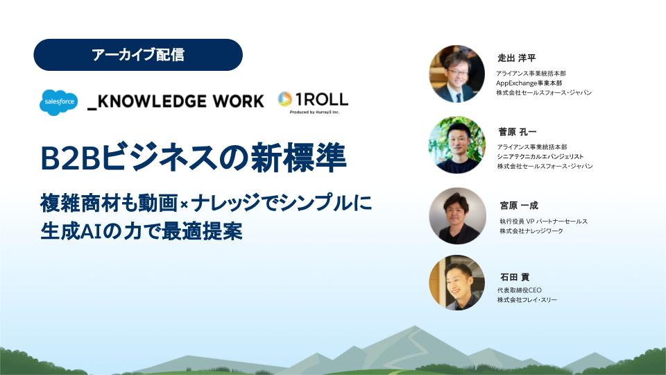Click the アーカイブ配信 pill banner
coord(138,55)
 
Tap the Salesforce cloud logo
coord(58,103)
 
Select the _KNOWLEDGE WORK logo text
coord(176,101)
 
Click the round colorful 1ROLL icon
coord(284,99)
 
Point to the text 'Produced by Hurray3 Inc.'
coord(314,112)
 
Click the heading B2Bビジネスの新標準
coord(194,158)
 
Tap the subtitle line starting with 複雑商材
coord(206,203)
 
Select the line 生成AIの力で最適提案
coord(142,231)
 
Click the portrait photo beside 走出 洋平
coord(457,74)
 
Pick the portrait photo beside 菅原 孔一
coord(457,144)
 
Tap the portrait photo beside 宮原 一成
coord(457,215)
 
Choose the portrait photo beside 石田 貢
coord(457,283)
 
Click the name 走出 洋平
coord(516,58)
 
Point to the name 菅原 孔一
coord(518,132)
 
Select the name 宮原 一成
coord(519,206)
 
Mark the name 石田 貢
coord(515,277)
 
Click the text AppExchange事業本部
coord(529,83)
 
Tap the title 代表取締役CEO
coord(520,290)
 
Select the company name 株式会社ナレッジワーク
coord(531,231)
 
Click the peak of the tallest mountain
coord(415,326)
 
